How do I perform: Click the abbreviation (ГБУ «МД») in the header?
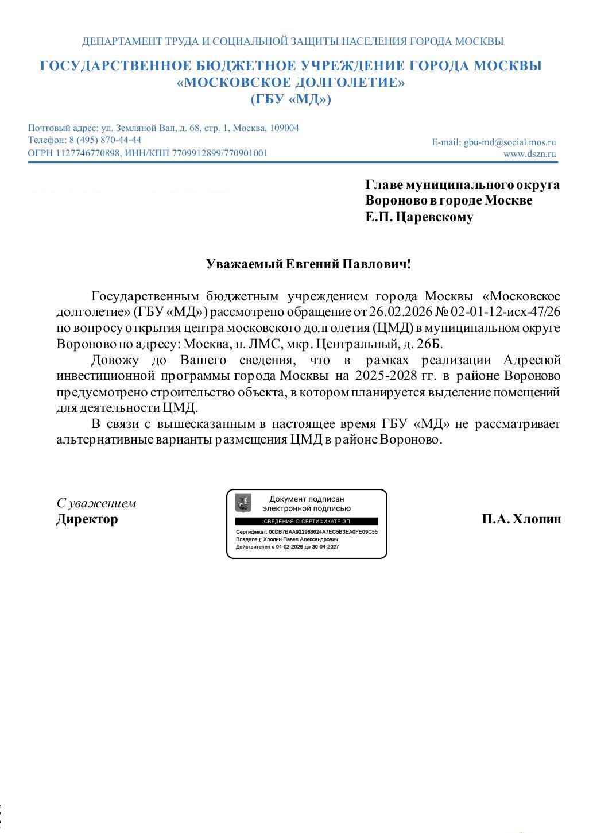[291, 99]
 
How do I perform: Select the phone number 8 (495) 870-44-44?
[105, 140]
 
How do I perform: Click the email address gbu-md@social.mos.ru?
[510, 142]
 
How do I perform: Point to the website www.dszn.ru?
[529, 153]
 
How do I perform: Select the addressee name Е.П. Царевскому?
[419, 217]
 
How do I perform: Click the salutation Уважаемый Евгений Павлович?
[308, 264]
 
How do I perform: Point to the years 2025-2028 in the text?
[386, 376]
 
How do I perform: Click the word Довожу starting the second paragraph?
[115, 360]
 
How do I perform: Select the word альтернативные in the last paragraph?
[98, 440]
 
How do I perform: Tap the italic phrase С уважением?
[96, 503]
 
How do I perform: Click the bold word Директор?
[87, 519]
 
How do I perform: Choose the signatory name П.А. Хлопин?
[521, 519]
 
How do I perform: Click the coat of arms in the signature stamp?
[243, 503]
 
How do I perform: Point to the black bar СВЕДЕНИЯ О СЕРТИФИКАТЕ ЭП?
[306, 522]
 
